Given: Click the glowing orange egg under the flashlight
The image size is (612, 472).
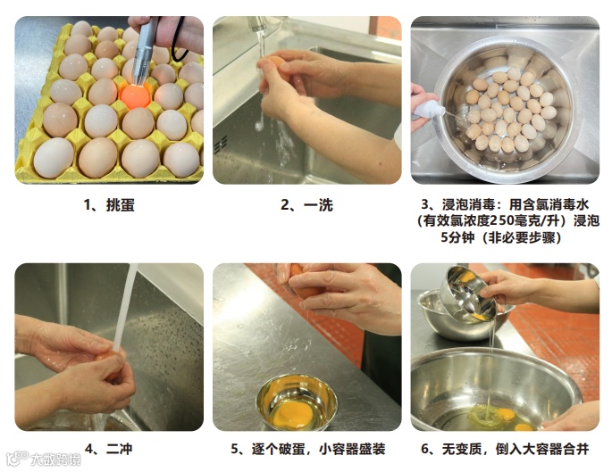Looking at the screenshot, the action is click(135, 95).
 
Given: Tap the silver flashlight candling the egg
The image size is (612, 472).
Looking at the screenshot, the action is click(146, 51).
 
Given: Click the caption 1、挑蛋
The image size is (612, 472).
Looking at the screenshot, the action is click(109, 205).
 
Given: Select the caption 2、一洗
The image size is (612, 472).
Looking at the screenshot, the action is click(306, 205).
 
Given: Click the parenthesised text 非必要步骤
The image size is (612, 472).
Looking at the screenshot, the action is click(522, 237).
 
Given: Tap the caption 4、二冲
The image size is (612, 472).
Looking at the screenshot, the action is click(108, 449).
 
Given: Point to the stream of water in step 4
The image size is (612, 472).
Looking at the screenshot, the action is click(125, 308).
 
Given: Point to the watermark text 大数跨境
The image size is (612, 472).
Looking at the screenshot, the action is click(55, 460).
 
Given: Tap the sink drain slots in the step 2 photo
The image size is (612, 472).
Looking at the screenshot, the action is click(221, 145).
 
